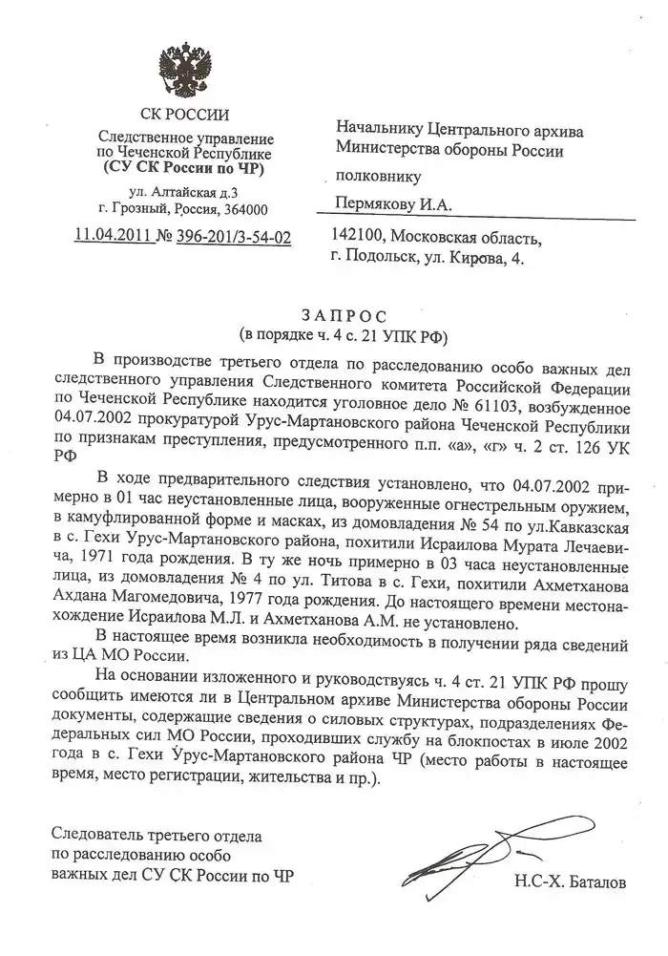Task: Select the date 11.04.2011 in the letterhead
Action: coord(115,236)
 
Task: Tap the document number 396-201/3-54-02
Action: coord(235,236)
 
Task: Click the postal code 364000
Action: coord(244,209)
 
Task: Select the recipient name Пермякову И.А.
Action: coord(391,203)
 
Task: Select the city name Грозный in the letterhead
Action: coord(145,209)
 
